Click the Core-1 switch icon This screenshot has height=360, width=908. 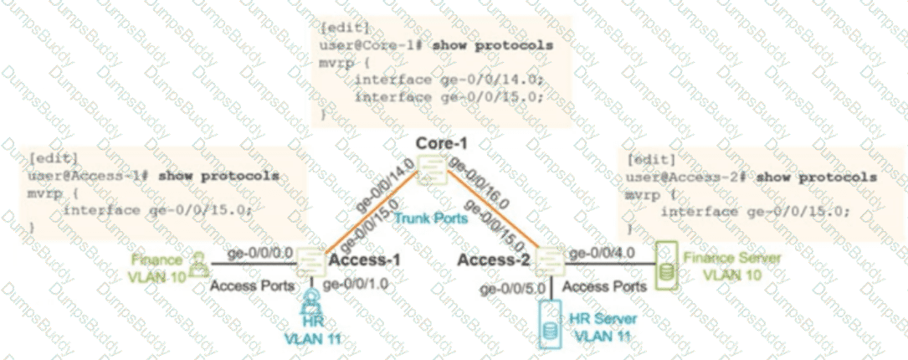(432, 174)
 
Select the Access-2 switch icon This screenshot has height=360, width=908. (549, 262)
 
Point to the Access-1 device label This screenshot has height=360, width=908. (364, 261)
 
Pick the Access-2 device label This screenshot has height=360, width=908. (495, 261)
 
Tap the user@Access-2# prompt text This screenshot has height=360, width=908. (680, 177)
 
